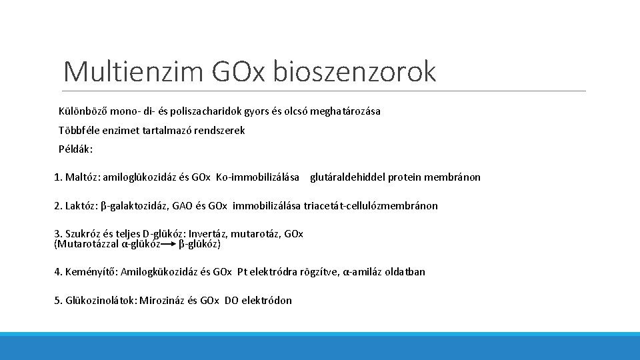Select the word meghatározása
click(x=344, y=111)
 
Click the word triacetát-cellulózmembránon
click(x=371, y=206)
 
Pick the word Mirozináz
click(x=163, y=301)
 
